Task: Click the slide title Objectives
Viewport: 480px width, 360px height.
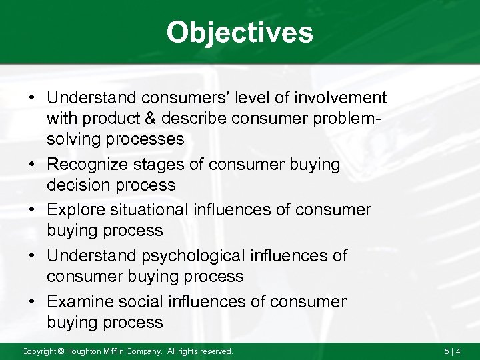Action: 239,32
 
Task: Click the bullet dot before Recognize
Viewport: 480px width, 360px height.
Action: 33,165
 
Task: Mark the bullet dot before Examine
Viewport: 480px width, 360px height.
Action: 33,302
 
